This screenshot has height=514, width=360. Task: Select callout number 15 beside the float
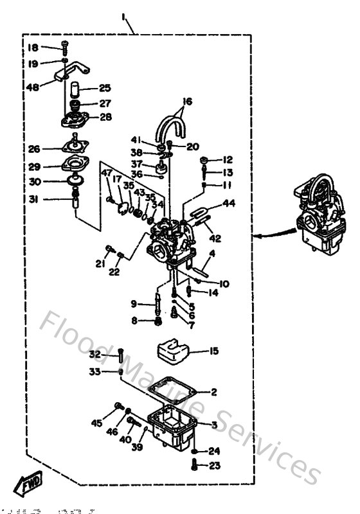[x=214, y=351]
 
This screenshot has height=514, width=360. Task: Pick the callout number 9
[x=134, y=304]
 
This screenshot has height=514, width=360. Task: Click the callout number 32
[x=94, y=354]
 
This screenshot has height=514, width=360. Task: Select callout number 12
[x=228, y=159]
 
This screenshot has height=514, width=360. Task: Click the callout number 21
[x=100, y=264]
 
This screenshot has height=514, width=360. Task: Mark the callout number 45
[x=96, y=423]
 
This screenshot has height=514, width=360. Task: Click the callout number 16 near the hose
[x=187, y=102]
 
